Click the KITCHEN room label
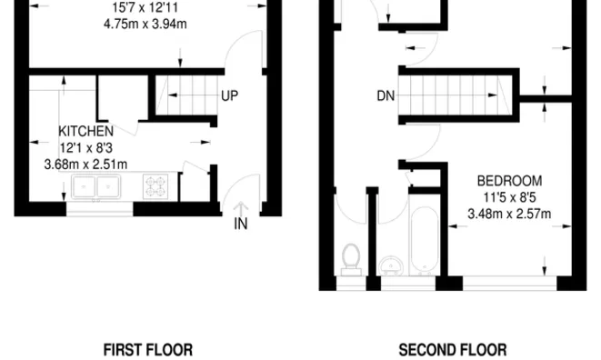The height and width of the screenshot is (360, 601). [85, 131]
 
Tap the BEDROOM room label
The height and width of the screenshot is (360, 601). [509, 181]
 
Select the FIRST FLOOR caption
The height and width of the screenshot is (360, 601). [148, 350]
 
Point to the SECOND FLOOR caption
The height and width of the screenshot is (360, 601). [453, 350]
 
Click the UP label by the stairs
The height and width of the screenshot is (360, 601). [230, 95]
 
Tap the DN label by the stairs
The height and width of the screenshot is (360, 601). [386, 95]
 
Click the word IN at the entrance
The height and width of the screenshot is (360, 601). [241, 224]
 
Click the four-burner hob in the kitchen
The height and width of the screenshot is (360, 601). [155, 186]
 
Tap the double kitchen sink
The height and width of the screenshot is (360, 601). [95, 186]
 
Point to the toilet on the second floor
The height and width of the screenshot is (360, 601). [351, 260]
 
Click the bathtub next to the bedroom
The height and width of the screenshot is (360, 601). [424, 241]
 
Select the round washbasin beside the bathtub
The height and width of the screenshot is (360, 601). [391, 266]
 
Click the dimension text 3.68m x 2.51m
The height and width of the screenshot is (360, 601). [85, 165]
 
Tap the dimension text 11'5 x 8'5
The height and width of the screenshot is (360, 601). [509, 197]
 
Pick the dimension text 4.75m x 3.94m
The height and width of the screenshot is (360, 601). [145, 24]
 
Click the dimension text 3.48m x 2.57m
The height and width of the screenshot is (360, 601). [509, 214]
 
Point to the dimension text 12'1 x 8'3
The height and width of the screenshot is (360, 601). [86, 148]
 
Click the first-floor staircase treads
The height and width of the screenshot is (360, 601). [187, 95]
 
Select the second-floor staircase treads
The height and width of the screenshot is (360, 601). [456, 95]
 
